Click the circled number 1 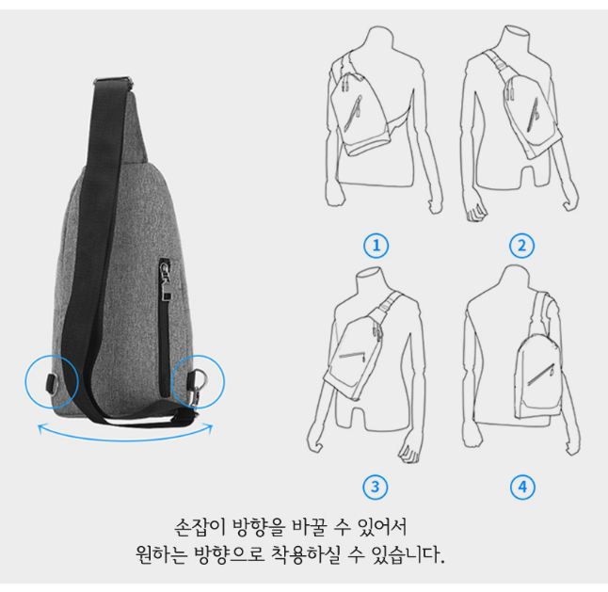point(376,246)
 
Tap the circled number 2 point(521,246)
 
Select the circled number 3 point(375,487)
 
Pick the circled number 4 point(522,487)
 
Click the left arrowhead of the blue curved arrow point(41,428)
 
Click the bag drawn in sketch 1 point(359,115)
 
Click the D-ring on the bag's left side point(53,383)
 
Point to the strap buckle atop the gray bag point(113,82)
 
